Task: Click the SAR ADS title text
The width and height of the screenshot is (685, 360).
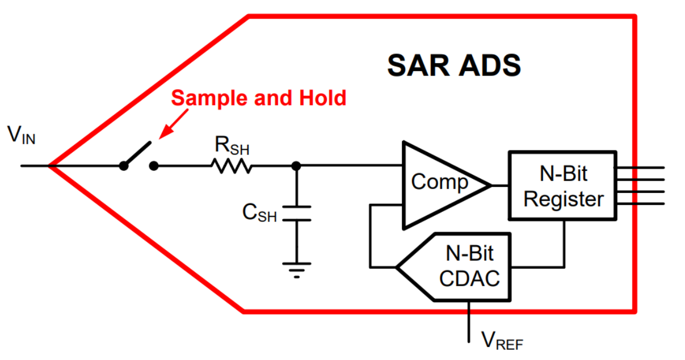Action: coord(453,66)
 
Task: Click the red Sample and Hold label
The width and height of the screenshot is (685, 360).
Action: coord(258,98)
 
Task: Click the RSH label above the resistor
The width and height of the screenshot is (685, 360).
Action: coord(232,146)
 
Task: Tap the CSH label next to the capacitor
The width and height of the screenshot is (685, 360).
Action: coord(259,213)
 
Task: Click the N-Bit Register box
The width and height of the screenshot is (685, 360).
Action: coord(562,186)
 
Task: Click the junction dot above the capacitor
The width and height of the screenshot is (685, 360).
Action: coord(296,166)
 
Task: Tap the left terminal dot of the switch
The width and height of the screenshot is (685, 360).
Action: coord(123,166)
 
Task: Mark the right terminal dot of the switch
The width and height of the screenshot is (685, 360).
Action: coord(154,166)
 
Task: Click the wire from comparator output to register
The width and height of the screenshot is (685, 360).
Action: coord(500,185)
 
